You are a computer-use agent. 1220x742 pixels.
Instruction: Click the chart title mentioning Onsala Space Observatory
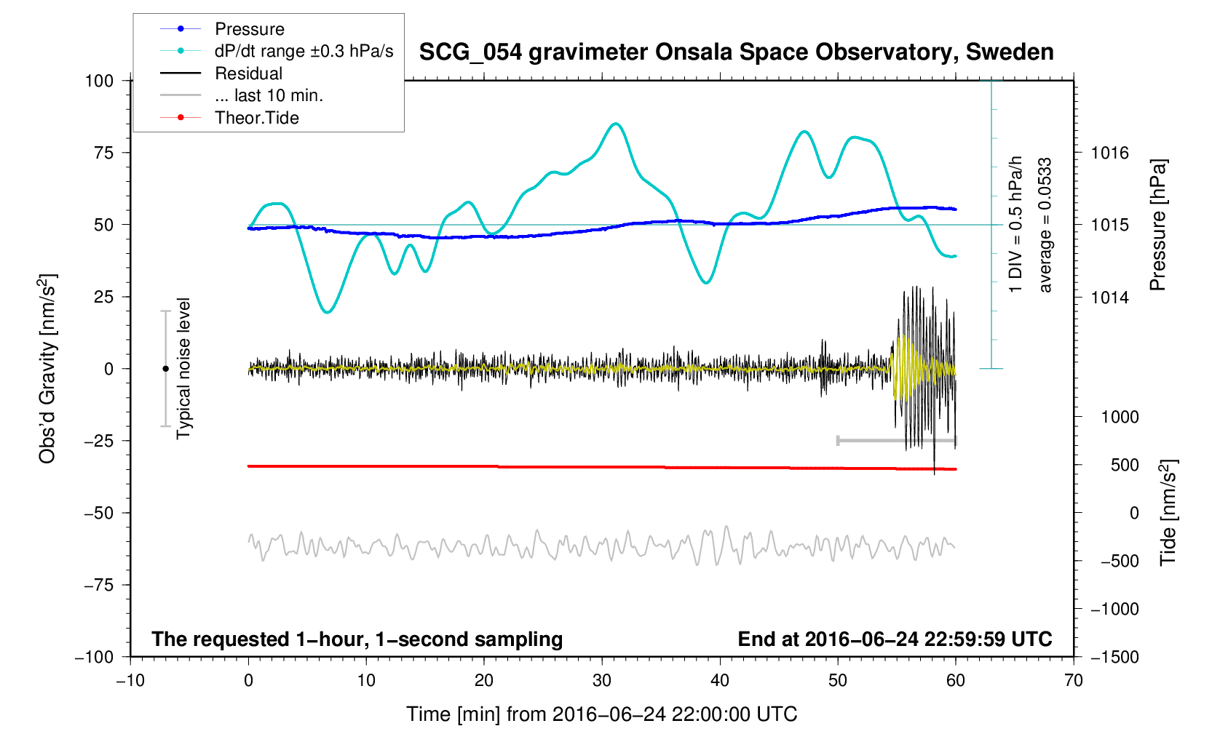coord(736,52)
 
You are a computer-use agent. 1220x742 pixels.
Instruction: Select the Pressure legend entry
coord(249,29)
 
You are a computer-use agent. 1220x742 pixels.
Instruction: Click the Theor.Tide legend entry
coord(256,118)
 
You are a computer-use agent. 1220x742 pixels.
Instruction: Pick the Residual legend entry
coord(248,73)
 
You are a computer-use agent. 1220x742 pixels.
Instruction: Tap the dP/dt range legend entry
coord(304,51)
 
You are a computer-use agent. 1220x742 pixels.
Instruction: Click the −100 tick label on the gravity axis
coord(95,657)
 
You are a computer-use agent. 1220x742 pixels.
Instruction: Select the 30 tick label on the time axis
coord(602,681)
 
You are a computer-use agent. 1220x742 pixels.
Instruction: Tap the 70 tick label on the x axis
coord(1073,681)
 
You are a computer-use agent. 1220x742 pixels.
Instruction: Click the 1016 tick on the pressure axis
coord(1109,153)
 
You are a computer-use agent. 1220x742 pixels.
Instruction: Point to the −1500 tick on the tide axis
coord(1114,657)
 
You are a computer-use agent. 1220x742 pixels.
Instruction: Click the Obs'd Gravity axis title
coord(48,369)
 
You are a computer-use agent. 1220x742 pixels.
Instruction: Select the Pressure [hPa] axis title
coord(1157,225)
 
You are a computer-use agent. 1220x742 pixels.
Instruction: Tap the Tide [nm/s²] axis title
coord(1168,513)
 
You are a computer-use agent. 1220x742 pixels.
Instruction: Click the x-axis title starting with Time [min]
coord(601,714)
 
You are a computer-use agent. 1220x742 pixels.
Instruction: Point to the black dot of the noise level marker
coord(165,369)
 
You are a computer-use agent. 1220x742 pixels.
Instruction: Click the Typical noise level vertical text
coord(183,369)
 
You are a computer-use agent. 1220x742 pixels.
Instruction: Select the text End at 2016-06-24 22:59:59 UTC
coord(895,639)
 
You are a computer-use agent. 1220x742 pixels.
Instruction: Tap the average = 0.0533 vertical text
coord(1045,225)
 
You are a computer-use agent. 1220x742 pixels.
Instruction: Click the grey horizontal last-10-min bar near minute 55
coord(897,440)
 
